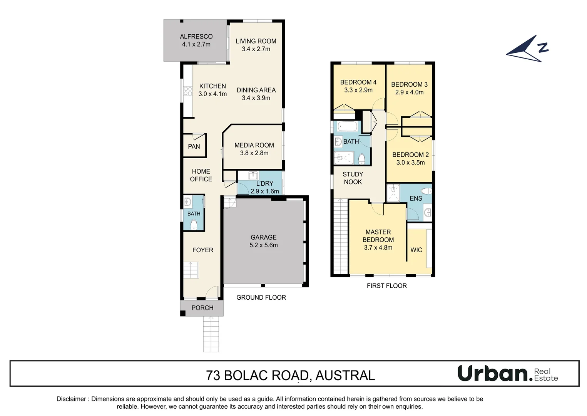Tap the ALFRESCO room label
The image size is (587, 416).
tap(196, 37)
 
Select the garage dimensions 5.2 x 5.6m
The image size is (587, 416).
tap(263, 245)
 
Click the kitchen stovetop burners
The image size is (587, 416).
tap(188, 91)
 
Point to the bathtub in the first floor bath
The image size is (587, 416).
tap(348, 126)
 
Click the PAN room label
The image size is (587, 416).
tap(194, 146)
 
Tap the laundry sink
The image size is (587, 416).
tap(253, 176)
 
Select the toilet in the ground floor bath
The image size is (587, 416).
tap(194, 225)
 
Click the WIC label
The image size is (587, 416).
tap(416, 250)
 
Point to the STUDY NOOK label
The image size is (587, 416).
tap(353, 178)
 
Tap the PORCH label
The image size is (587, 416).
tap(202, 308)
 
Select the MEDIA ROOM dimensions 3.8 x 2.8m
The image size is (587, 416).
tap(254, 153)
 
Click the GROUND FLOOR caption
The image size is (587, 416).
tap(261, 298)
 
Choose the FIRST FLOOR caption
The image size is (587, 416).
tap(386, 286)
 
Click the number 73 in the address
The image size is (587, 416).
tap(213, 376)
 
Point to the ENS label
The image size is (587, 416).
tap(416, 198)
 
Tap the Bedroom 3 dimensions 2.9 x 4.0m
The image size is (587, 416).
tap(409, 92)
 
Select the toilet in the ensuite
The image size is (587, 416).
tap(426, 191)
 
